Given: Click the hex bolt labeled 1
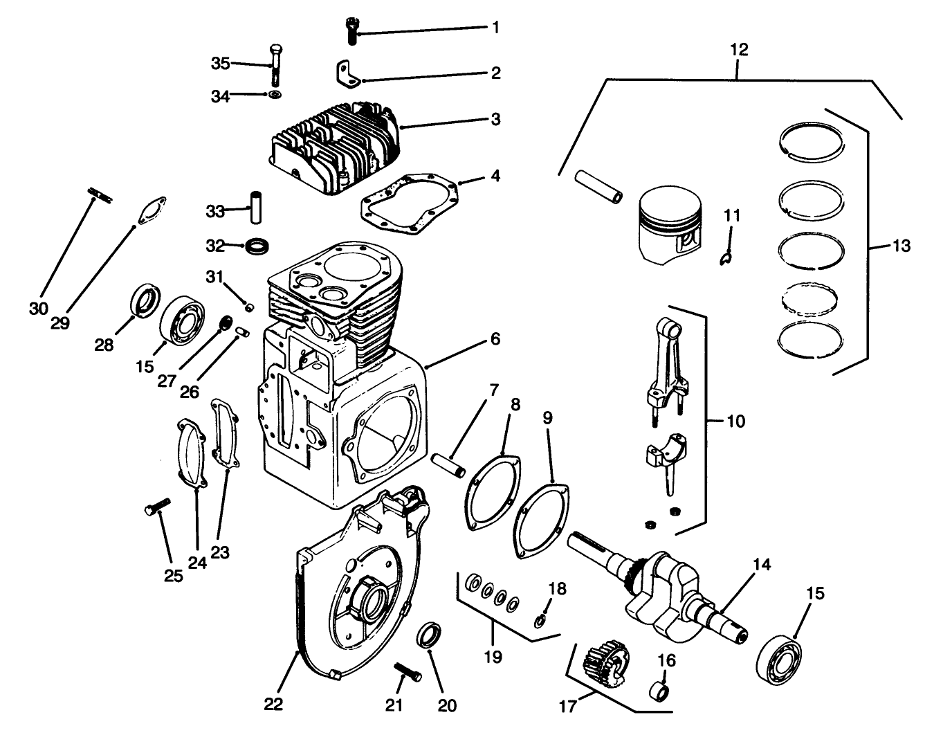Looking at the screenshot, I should click(351, 31).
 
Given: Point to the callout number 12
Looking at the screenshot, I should click(738, 50).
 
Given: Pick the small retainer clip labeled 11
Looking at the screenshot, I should click(725, 257).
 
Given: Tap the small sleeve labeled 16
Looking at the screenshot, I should click(660, 691).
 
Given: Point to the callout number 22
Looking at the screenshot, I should click(273, 705).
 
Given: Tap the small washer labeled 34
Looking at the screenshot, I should click(275, 94).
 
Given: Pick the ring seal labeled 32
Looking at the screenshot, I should click(258, 246).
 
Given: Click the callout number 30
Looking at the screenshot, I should click(39, 308).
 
